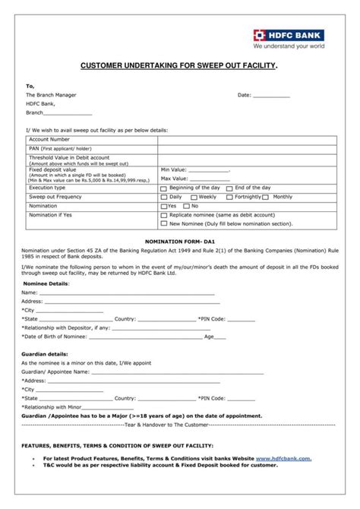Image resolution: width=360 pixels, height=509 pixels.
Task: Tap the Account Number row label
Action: tap(49, 140)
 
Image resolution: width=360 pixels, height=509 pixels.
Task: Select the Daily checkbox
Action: tap(164, 197)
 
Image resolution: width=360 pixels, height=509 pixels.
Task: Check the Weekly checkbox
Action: tap(193, 197)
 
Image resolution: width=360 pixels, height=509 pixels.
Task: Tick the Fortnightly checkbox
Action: tap(229, 197)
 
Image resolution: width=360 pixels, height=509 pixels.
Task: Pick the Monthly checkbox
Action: tap(267, 197)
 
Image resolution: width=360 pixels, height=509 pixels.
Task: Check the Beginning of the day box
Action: tap(164, 188)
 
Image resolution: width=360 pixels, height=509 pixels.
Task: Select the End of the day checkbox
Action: tap(229, 188)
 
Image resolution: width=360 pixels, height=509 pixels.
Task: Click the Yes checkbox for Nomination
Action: tap(164, 206)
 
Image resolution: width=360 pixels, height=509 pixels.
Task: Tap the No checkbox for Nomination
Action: tap(186, 206)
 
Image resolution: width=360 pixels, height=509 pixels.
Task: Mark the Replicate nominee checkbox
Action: tap(164, 215)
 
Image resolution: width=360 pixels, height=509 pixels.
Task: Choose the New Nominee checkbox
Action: tap(164, 224)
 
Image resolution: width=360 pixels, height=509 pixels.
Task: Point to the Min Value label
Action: tap(173, 169)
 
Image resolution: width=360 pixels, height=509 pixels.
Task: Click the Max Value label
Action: tap(174, 179)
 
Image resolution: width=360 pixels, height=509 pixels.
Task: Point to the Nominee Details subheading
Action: tap(45, 283)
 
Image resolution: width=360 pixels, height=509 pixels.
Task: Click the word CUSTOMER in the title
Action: tap(106, 67)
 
